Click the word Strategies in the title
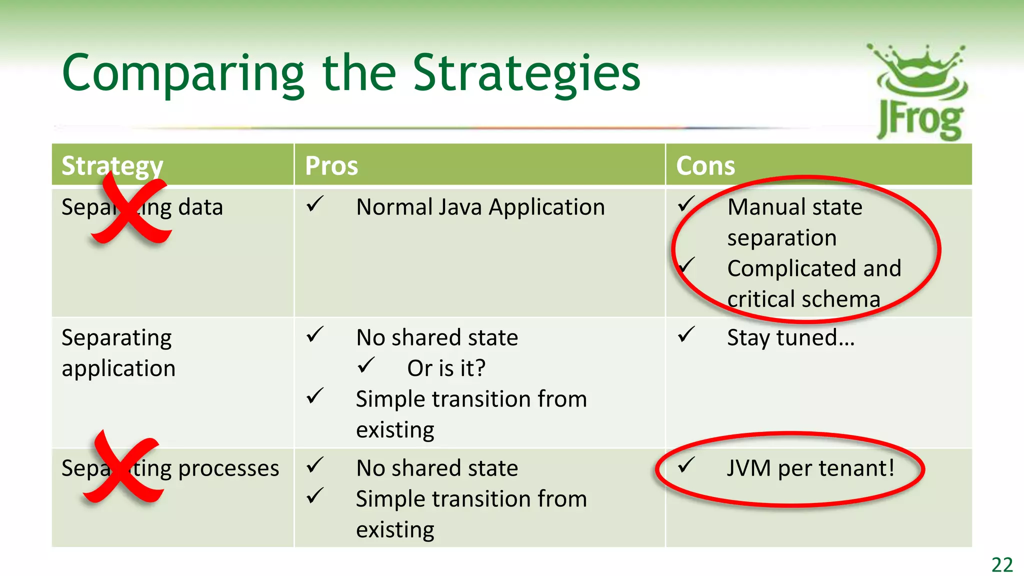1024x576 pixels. point(526,74)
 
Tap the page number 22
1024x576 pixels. point(1002,564)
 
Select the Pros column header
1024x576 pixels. point(331,165)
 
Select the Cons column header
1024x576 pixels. point(705,165)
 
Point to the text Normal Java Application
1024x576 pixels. point(480,207)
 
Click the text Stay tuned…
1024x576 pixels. point(790,337)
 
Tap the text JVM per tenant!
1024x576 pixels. point(810,468)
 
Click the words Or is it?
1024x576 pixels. point(446,368)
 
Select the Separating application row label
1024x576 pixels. point(118,353)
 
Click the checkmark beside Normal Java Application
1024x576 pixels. point(315,204)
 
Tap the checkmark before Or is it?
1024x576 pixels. point(366,365)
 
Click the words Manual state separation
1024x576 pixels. point(794,222)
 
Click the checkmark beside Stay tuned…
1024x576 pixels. point(686,334)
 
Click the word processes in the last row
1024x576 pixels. point(228,468)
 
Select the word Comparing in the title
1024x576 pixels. point(183,74)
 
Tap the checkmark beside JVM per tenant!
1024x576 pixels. point(686,465)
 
